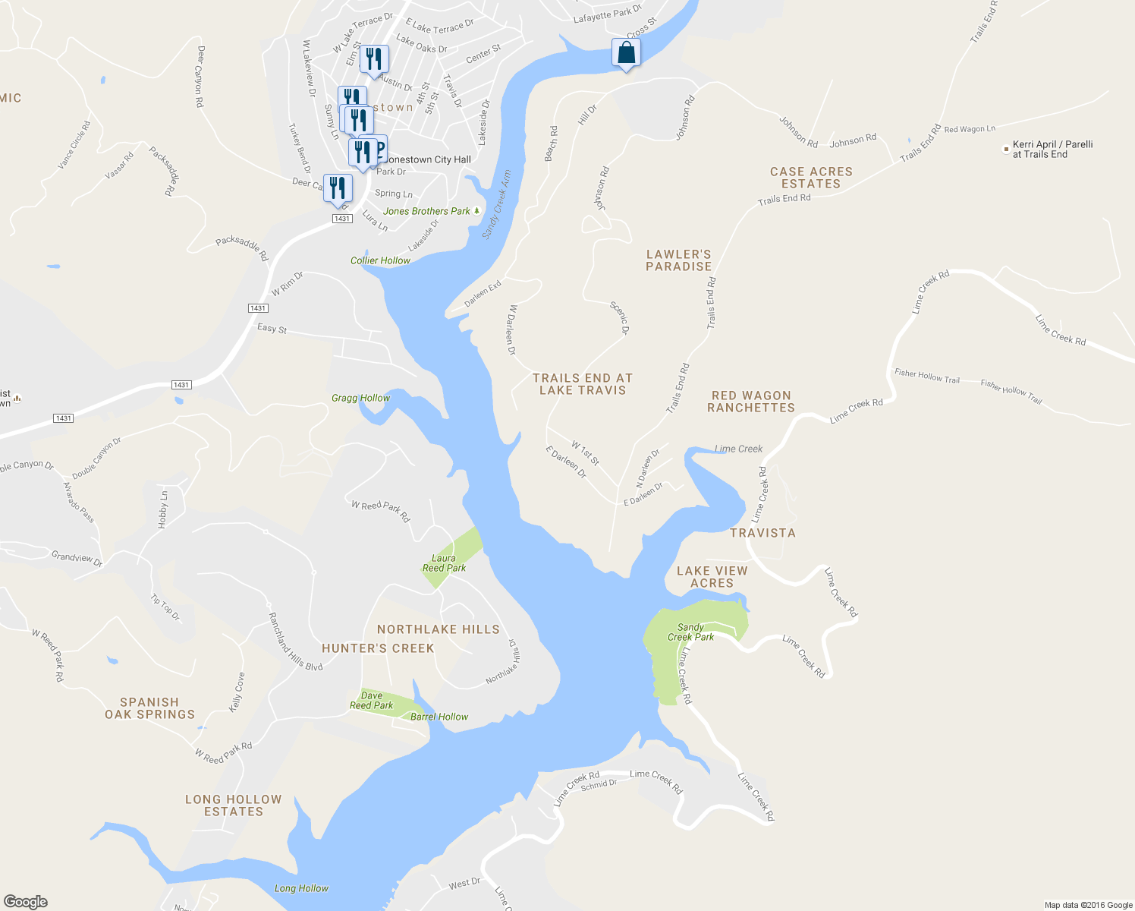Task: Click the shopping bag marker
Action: pos(626,53)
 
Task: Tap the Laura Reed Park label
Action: pos(445,563)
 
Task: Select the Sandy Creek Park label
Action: pos(690,632)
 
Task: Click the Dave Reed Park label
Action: pos(372,701)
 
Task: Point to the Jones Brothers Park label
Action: pos(427,211)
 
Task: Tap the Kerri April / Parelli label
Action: pos(1052,150)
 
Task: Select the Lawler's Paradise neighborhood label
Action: pos(679,260)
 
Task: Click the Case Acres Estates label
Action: pos(811,178)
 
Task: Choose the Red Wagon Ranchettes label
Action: pos(751,402)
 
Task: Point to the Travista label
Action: pos(762,533)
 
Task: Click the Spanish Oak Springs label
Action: pos(149,708)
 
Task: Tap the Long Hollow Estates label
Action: pos(234,805)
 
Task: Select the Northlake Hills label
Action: pos(439,629)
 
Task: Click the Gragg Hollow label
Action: pos(360,398)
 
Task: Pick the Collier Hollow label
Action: pos(380,260)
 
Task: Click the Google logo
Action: pos(26,902)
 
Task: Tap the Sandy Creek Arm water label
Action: pos(497,204)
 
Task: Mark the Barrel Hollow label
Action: pos(439,717)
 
